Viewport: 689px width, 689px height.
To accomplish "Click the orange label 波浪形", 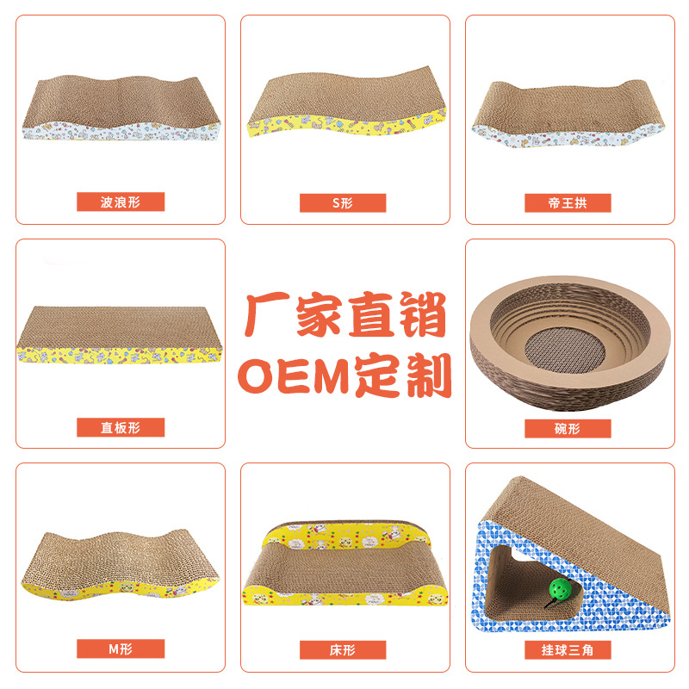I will tap(121, 202).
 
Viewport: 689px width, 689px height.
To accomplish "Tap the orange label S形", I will tap(343, 203).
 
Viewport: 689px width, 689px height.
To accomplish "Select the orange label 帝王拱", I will tap(568, 203).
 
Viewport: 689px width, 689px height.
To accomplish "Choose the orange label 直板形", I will tap(121, 427).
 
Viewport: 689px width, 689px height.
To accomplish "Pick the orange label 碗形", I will tap(568, 428).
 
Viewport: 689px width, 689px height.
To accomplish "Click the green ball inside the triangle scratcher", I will tap(559, 591).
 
